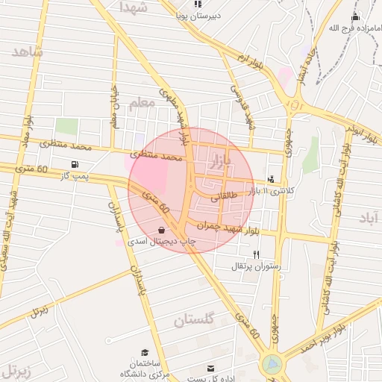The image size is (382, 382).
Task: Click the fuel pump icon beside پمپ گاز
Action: coord(74,164)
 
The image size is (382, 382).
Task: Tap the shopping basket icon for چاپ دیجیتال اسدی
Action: coord(163,231)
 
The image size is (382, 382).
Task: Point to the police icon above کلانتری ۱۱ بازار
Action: coord(270,179)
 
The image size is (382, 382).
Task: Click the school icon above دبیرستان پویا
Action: coord(198,4)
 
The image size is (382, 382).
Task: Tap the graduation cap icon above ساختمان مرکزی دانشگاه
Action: coord(145,352)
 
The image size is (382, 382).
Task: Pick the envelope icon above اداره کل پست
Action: coord(210,368)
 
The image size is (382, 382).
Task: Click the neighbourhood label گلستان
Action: coord(194,320)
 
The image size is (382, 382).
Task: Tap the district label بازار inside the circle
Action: coord(234,158)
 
